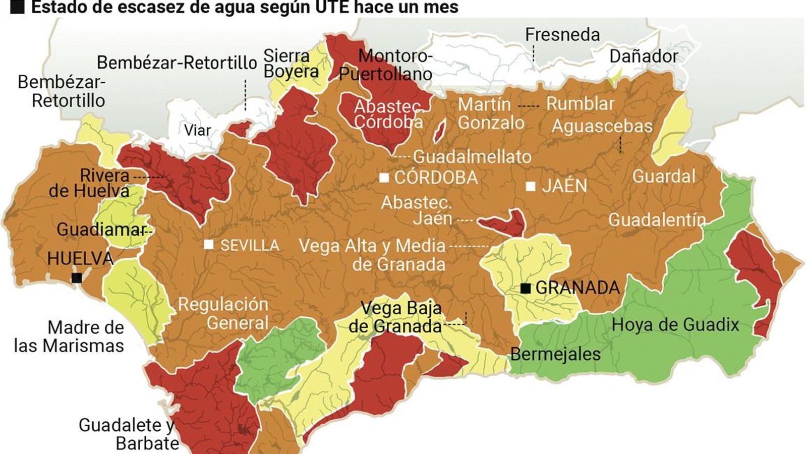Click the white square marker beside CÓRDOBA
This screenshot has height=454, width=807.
tap(384, 178)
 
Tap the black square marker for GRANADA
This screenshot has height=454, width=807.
tap(526, 288)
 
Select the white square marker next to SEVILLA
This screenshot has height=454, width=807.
tap(208, 245)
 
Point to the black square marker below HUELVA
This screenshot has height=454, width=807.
tap(77, 278)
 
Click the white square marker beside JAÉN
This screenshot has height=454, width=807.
tap(531, 186)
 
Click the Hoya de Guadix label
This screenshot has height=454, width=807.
tap(675, 324)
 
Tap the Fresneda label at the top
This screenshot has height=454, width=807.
tap(562, 34)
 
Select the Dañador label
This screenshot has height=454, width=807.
tap(644, 56)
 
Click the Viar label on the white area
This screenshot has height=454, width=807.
tap(197, 130)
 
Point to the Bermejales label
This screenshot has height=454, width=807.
tap(555, 354)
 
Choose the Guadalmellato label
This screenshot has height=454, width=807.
tap(472, 156)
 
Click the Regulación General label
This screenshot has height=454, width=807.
tap(223, 313)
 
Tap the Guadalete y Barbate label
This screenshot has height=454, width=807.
tap(127, 434)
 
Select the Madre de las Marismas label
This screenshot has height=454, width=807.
tap(70, 336)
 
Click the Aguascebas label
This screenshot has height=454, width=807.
tap(602, 126)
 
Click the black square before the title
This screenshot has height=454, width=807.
tap(18, 7)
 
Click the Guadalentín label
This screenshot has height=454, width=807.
tap(657, 219)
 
